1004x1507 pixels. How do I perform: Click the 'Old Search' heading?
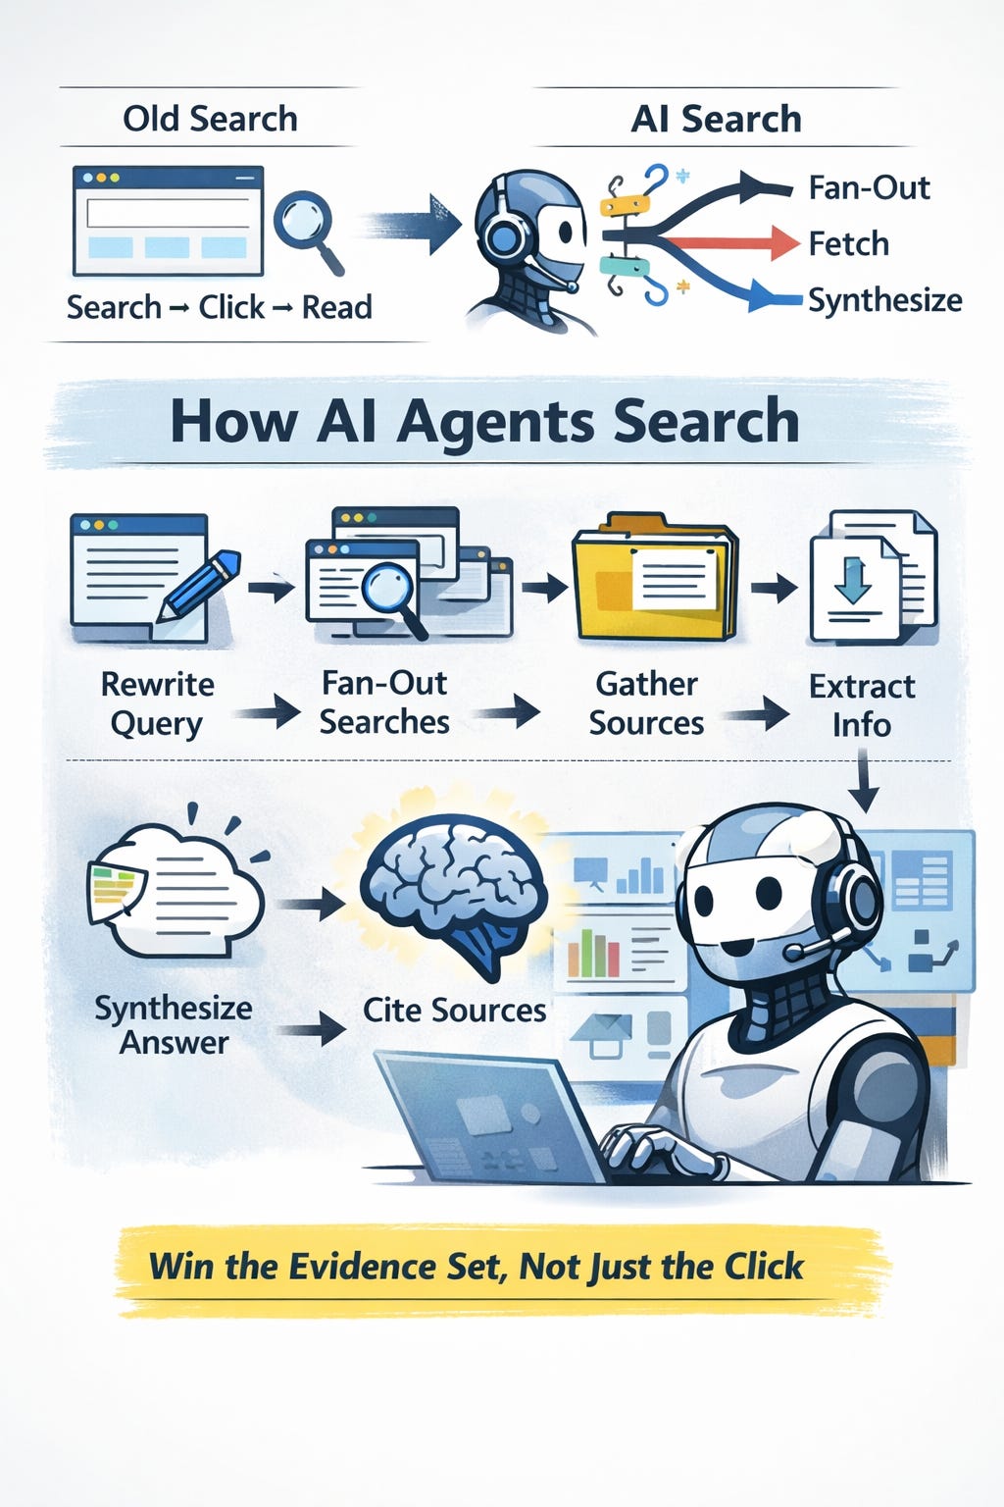click(210, 119)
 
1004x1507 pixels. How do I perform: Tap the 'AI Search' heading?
click(716, 119)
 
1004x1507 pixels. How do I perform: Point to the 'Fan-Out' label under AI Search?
click(869, 186)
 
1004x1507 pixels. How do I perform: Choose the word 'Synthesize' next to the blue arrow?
click(884, 299)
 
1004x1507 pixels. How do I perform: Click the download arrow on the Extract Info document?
click(851, 580)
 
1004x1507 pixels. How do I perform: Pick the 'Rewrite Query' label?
click(157, 702)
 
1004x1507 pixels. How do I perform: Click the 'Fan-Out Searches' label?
click(384, 702)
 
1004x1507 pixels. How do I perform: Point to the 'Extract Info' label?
click(862, 704)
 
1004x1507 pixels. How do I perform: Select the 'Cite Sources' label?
click(454, 1010)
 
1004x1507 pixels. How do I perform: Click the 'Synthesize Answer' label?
click(174, 1024)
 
